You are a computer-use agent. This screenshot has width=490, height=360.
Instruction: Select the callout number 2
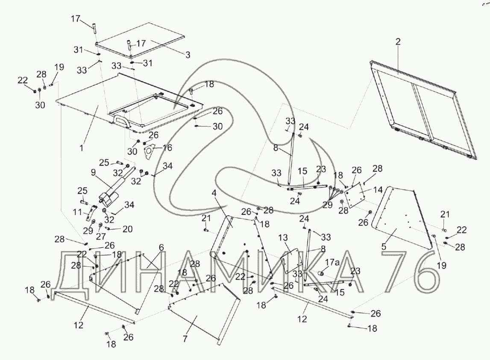tap(398, 42)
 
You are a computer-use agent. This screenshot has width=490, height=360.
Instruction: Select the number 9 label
tap(93, 174)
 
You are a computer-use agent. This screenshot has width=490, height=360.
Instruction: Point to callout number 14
tap(378, 188)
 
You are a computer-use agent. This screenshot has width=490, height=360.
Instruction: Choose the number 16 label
tap(167, 148)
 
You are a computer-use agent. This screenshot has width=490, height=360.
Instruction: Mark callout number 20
tap(128, 230)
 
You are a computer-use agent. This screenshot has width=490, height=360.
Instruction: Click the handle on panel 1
tap(120, 120)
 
